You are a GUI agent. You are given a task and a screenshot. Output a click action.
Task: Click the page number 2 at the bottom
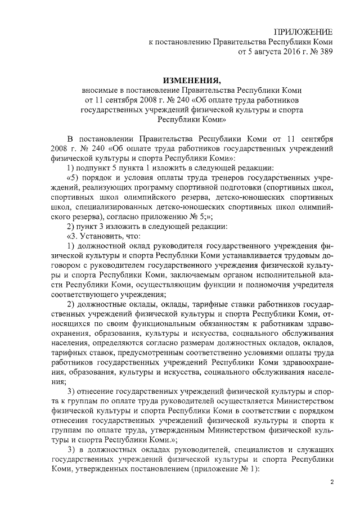331,482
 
